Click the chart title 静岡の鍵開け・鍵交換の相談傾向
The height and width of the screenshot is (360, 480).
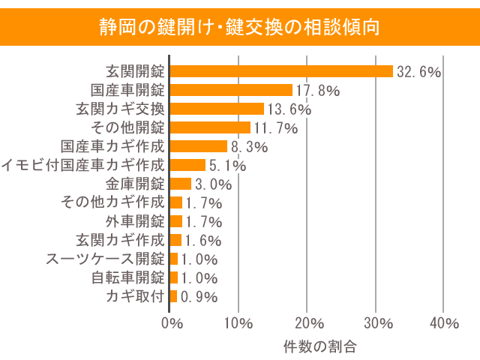click(x=239, y=26)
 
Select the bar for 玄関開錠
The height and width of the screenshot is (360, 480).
click(x=281, y=71)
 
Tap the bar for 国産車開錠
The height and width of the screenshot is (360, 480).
click(x=231, y=90)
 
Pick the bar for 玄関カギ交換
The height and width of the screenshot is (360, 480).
click(x=217, y=109)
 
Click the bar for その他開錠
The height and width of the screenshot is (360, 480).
click(x=210, y=127)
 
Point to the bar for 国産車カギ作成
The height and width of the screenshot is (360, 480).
click(x=199, y=146)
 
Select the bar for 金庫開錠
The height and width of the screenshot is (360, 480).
click(x=181, y=184)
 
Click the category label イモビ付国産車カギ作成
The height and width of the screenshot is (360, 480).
click(x=82, y=165)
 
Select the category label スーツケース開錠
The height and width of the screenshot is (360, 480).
click(x=105, y=259)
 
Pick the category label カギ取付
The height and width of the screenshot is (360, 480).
click(x=135, y=296)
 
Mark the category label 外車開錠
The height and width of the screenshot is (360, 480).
click(x=135, y=221)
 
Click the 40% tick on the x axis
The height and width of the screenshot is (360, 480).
click(x=444, y=323)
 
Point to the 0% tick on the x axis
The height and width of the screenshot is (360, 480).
click(x=172, y=323)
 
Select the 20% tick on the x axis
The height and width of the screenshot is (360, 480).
click(x=307, y=323)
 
